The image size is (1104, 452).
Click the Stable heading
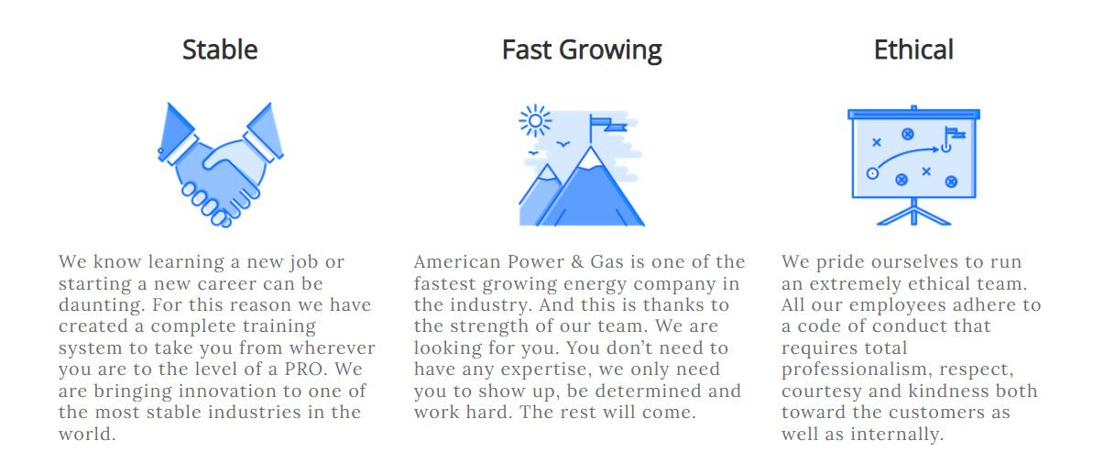(x=220, y=50)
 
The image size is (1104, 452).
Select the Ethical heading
(x=913, y=50)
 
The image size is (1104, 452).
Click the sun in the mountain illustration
(x=535, y=120)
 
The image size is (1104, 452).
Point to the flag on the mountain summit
(x=607, y=125)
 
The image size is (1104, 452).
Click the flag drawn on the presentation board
(x=953, y=135)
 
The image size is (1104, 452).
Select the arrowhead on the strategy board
(x=935, y=149)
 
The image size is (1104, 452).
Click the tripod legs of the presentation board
(x=913, y=215)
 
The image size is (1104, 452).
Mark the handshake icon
(x=220, y=165)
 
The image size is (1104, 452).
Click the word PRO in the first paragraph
(x=306, y=369)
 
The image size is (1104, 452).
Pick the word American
(x=457, y=262)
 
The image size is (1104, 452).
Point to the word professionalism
(x=857, y=370)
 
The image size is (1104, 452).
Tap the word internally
(x=897, y=435)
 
